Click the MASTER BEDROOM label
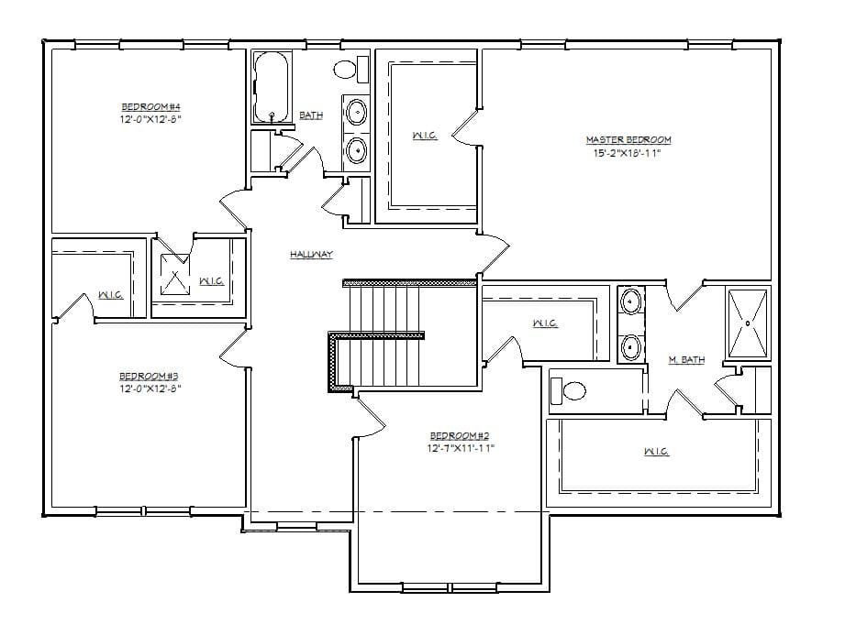628,140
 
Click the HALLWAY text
311,255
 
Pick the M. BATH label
686,360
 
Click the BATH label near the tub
311,115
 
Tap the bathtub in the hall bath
272,88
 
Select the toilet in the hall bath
347,69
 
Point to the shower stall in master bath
748,322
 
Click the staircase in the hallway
390,334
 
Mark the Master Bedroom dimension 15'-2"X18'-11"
628,154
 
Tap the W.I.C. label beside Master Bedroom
425,136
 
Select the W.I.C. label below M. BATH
655,452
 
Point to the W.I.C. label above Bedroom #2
545,323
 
